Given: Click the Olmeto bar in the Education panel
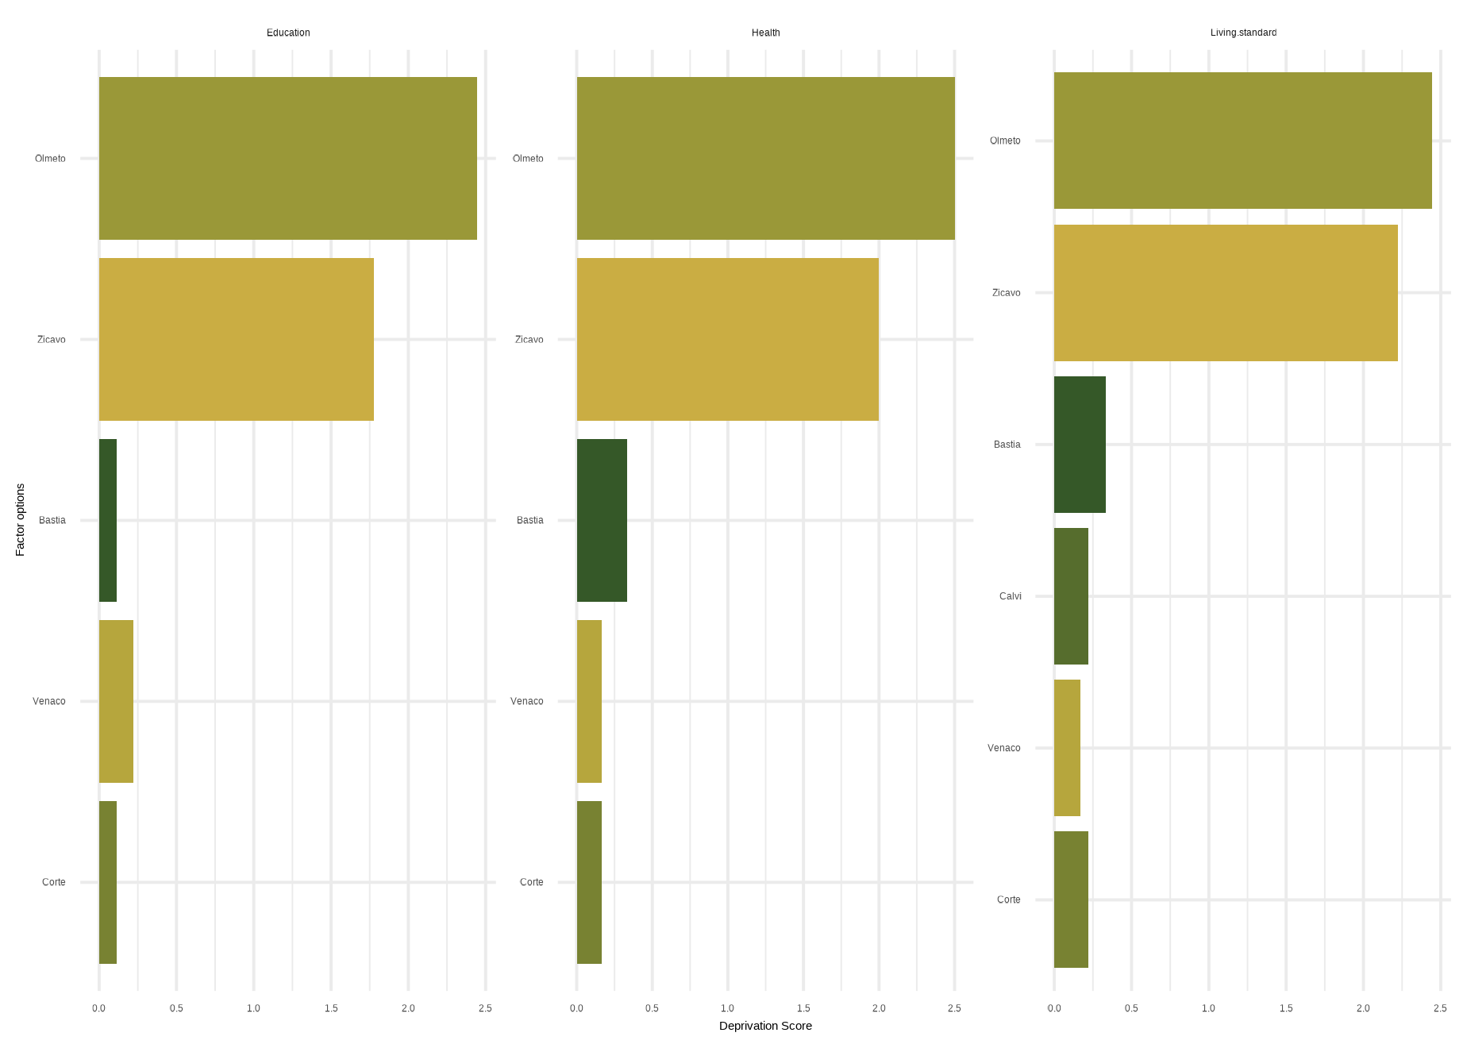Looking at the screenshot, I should click(287, 158).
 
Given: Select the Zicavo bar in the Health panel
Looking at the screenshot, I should click(727, 339).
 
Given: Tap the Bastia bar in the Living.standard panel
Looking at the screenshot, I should click(1080, 445).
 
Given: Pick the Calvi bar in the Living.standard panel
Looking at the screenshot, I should click(1071, 596).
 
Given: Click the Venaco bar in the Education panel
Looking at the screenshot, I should click(116, 701).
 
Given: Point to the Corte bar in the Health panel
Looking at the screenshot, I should click(589, 882).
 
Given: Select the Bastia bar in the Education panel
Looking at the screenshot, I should click(108, 520).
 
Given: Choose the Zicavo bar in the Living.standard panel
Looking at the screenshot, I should click(1226, 293).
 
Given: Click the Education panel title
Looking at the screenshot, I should click(288, 33).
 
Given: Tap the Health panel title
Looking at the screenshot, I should click(766, 33).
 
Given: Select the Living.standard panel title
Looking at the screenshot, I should click(1243, 33).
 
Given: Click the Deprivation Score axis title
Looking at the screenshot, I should click(765, 1026).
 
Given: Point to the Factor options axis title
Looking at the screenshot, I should click(21, 519).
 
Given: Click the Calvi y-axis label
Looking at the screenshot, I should click(1011, 596).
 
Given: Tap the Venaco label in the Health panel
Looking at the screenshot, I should click(527, 701).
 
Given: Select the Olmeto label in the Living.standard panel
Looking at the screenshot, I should click(1005, 141).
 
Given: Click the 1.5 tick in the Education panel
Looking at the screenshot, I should click(331, 1008).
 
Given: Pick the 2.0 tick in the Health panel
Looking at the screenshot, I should click(879, 1008).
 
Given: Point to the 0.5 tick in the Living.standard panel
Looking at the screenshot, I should click(1131, 1008).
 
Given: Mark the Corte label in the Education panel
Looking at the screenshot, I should click(54, 882).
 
